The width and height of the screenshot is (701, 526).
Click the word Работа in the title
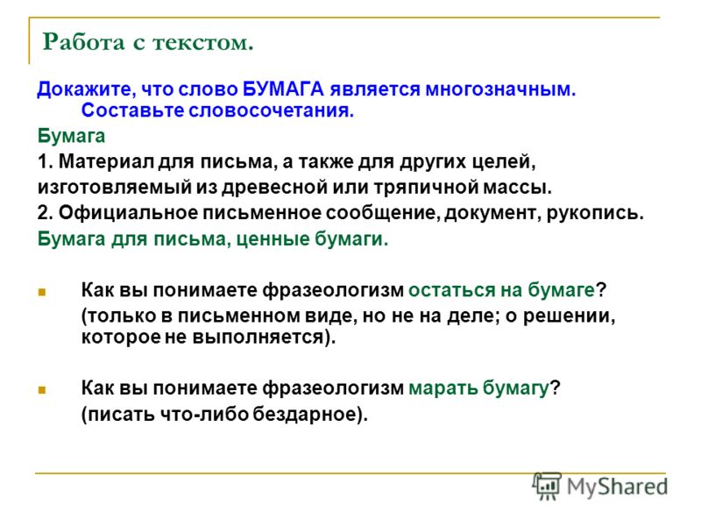click(83, 42)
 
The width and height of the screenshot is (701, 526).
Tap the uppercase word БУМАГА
click(283, 89)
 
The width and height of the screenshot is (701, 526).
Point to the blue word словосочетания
click(272, 110)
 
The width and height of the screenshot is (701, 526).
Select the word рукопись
click(595, 213)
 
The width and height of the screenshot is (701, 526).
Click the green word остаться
click(451, 290)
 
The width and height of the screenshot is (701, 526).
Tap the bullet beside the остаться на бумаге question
click(42, 293)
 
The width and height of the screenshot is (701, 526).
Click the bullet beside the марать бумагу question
click(42, 389)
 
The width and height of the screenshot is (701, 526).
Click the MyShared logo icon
click(547, 486)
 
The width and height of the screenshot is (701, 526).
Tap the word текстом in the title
click(203, 43)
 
